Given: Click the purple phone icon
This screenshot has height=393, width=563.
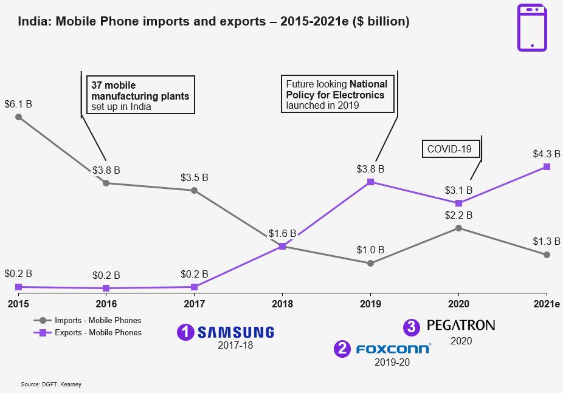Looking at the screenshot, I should pyautogui.click(x=532, y=27).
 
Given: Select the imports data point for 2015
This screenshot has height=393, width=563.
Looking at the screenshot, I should pyautogui.click(x=18, y=117).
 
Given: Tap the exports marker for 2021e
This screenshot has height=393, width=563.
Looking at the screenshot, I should pyautogui.click(x=547, y=166).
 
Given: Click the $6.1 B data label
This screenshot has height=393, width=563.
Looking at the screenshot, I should pyautogui.click(x=18, y=104).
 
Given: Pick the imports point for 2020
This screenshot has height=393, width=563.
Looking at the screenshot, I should pyautogui.click(x=458, y=228).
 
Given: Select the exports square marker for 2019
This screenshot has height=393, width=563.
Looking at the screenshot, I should pyautogui.click(x=370, y=182).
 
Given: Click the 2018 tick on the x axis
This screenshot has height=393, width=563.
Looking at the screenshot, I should pyautogui.click(x=282, y=304).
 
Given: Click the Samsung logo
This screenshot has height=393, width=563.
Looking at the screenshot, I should pyautogui.click(x=236, y=332).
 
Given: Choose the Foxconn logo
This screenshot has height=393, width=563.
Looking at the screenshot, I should pyautogui.click(x=393, y=349).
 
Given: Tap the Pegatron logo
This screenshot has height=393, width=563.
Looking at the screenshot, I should pyautogui.click(x=460, y=325).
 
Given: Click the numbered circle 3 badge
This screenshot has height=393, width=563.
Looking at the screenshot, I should pyautogui.click(x=412, y=327).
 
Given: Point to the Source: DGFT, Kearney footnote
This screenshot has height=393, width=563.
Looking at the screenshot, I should pyautogui.click(x=51, y=384).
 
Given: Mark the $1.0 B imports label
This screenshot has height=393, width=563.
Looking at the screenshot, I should pyautogui.click(x=370, y=250).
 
